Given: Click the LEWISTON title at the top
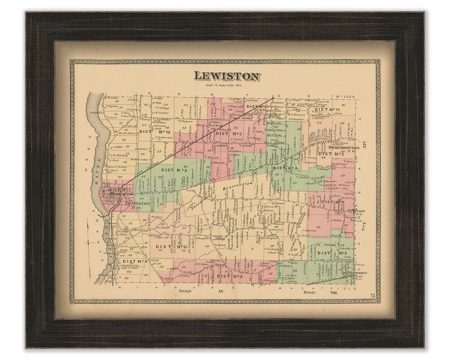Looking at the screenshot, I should [x=227, y=76].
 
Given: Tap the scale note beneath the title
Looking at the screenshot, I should [x=224, y=85].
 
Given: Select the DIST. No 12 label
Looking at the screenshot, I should [x=151, y=132].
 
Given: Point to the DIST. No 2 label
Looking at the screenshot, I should [x=174, y=170].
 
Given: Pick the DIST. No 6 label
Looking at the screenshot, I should [x=135, y=261].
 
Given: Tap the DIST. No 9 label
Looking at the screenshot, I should [x=229, y=276].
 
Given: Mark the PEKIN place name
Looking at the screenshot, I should [x=359, y=211].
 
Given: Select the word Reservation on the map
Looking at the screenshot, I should [x=237, y=186].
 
